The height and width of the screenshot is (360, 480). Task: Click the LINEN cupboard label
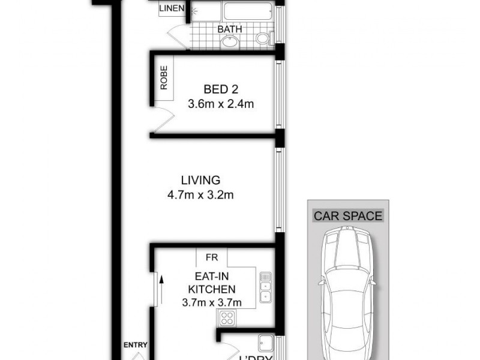172,9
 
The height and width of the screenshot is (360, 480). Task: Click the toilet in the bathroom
262,39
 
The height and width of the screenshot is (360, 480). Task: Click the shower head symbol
193,10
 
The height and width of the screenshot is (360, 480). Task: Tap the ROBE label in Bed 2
164,77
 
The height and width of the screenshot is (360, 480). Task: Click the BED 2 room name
221,89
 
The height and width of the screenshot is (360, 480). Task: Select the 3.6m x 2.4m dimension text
221,104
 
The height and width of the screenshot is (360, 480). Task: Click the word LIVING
200,179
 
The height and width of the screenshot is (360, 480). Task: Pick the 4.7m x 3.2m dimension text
200,195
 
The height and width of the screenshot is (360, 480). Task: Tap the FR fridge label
212,257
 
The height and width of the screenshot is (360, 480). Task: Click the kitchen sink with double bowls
265,287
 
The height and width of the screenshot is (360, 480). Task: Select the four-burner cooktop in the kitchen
228,318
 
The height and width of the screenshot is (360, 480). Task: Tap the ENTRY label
136,345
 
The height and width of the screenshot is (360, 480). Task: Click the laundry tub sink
265,343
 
